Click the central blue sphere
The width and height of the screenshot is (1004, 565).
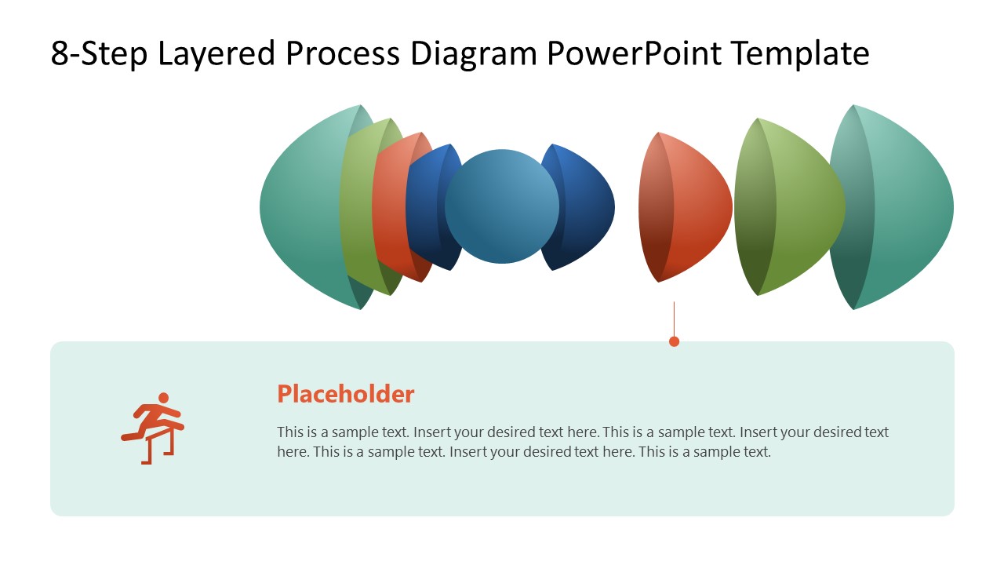(x=502, y=206)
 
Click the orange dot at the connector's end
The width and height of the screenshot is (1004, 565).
(x=674, y=341)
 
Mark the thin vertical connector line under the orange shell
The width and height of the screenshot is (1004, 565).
(x=674, y=318)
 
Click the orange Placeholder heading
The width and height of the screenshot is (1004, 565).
(x=345, y=394)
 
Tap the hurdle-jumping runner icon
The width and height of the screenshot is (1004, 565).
(x=154, y=428)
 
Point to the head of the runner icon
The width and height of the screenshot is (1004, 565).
(x=163, y=398)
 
